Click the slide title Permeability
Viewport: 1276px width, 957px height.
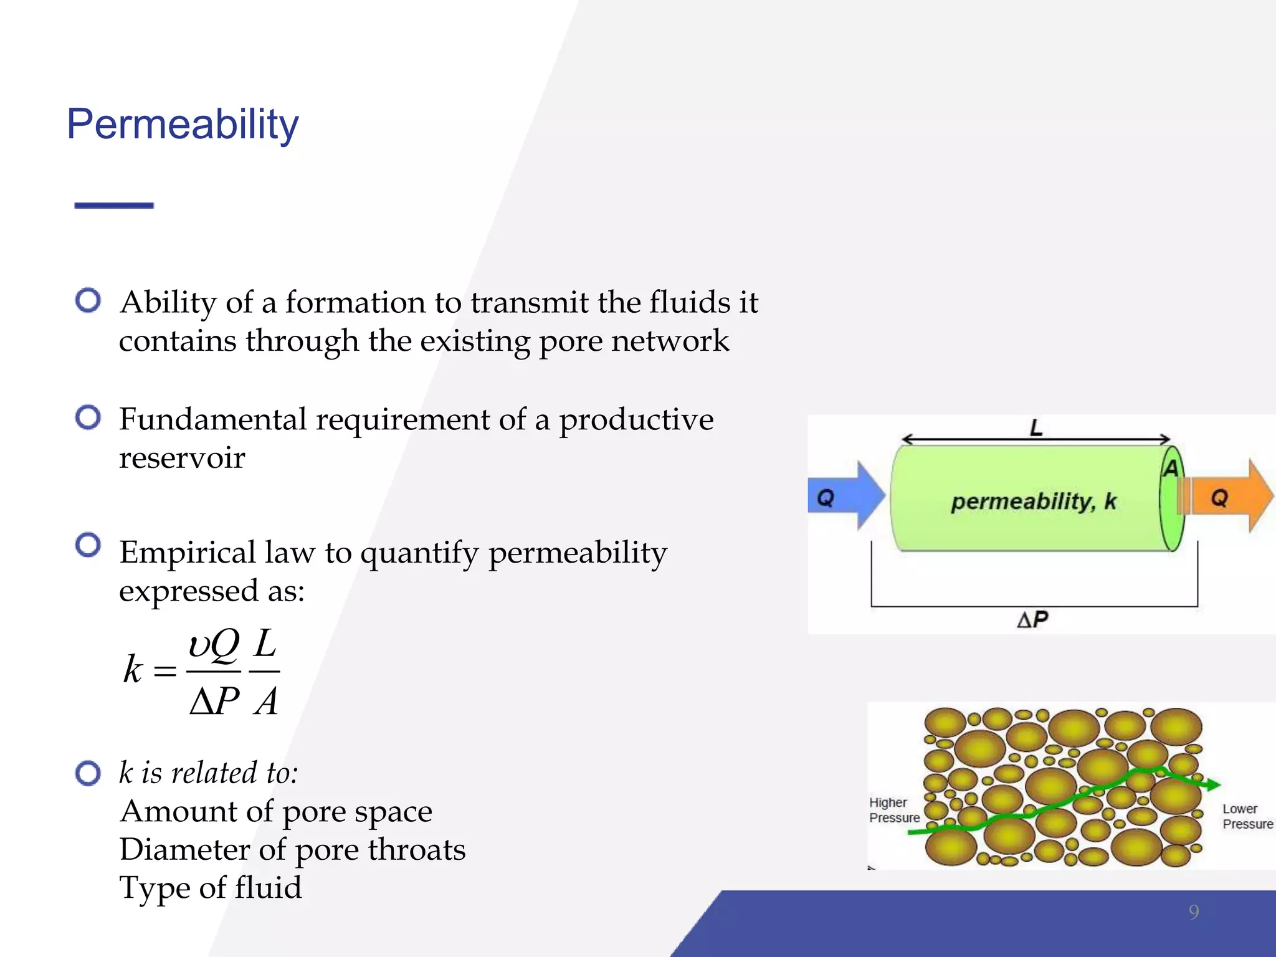coord(183,125)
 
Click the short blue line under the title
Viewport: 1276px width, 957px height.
coord(114,205)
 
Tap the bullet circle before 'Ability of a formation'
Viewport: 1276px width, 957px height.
coord(88,300)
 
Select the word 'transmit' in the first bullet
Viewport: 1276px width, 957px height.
coord(529,302)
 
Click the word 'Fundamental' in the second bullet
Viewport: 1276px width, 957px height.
coord(212,419)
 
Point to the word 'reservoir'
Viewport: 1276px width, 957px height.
coord(182,458)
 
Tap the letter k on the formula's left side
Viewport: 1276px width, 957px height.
coord(133,670)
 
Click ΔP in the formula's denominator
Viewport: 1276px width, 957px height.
coord(214,702)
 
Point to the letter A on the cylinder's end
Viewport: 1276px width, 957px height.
coord(1171,468)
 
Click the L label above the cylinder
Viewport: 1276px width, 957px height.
coord(1036,427)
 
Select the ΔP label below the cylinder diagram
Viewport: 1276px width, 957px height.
coord(1032,619)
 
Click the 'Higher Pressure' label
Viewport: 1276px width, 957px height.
coord(893,810)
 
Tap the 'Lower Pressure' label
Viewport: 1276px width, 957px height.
coord(1247,816)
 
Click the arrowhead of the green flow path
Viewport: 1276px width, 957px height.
coord(1211,784)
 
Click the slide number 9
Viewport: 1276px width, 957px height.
coord(1193,912)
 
